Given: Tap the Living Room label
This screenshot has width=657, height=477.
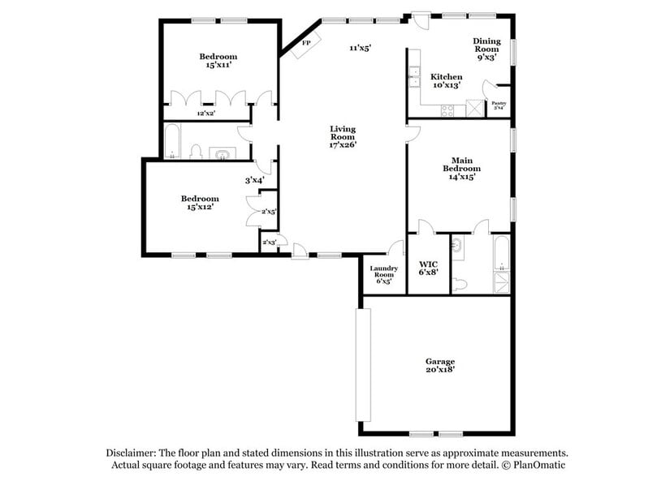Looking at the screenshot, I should click(x=342, y=136).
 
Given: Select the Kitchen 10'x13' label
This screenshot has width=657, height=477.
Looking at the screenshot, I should click(x=446, y=79).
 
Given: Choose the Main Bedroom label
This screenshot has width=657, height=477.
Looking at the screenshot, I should click(x=461, y=169).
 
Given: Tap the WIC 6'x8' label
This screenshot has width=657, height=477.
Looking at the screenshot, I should click(x=428, y=268).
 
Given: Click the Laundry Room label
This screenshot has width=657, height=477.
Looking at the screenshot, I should click(x=382, y=273).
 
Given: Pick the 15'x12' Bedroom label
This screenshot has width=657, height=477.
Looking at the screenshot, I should click(x=199, y=203).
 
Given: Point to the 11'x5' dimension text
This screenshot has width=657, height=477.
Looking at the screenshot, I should click(x=360, y=49).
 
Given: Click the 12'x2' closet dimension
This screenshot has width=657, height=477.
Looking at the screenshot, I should click(x=206, y=114).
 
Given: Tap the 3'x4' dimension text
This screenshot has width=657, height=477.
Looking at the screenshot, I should click(x=254, y=181).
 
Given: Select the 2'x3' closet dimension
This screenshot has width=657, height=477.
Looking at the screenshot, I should click(x=268, y=242).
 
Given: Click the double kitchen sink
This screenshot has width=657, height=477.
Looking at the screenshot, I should click(x=413, y=78).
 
